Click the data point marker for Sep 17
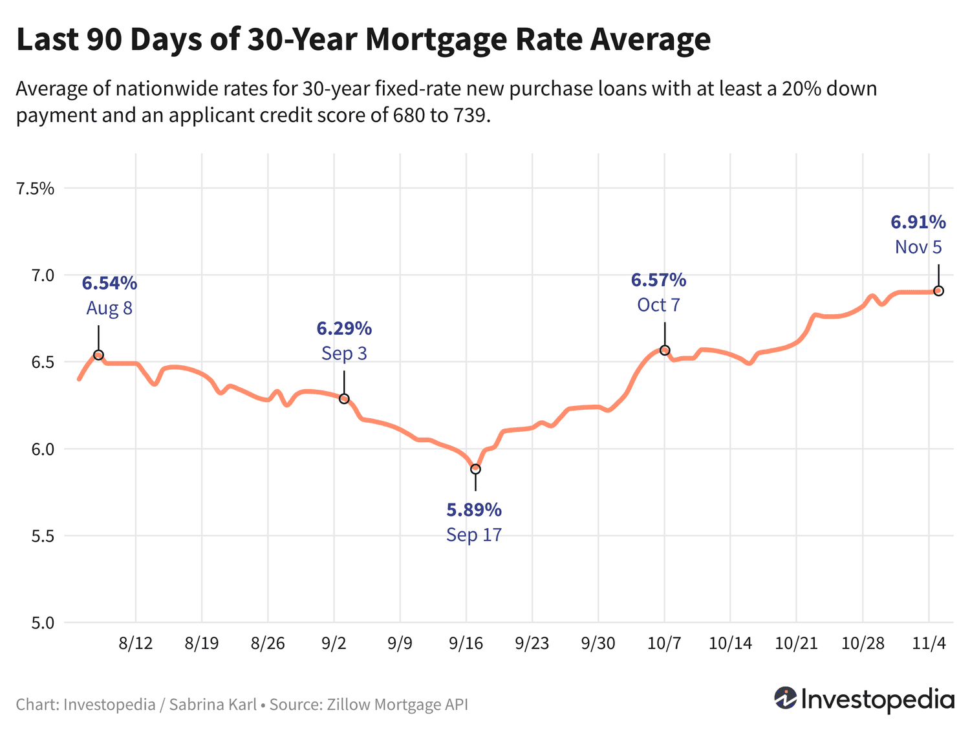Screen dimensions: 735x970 click(475, 469)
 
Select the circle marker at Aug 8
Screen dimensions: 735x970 click(98, 355)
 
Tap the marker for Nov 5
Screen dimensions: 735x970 click(938, 291)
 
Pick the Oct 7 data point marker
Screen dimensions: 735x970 click(665, 350)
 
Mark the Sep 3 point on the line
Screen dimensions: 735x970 click(344, 399)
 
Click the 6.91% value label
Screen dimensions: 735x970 click(918, 222)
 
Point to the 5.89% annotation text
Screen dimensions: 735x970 click(474, 510)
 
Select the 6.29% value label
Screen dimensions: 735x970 click(344, 328)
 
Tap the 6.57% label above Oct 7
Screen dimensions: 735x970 click(658, 280)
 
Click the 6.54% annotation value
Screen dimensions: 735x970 click(109, 283)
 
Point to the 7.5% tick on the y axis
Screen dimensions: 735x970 click(36, 189)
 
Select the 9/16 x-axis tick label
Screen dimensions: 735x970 click(466, 643)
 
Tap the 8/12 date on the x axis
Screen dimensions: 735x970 click(135, 643)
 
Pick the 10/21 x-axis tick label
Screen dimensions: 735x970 click(796, 643)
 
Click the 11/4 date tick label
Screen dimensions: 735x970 click(929, 643)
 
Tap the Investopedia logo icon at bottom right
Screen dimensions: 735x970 click(786, 698)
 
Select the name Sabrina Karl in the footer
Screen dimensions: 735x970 click(213, 704)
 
